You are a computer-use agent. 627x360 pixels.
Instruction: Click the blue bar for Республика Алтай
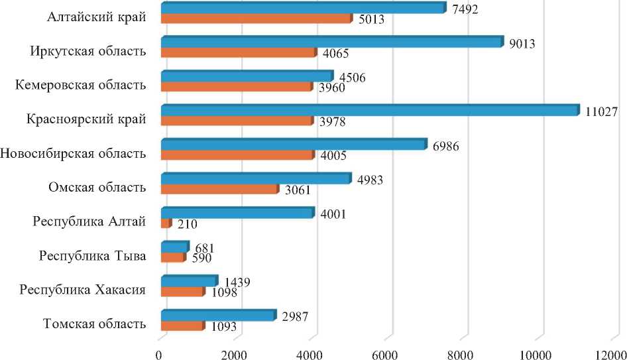click(x=237, y=213)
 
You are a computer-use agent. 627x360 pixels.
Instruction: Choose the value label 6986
click(x=445, y=145)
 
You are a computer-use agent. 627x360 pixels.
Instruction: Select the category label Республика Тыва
click(x=93, y=256)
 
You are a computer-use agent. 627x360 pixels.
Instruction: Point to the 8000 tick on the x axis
click(x=467, y=354)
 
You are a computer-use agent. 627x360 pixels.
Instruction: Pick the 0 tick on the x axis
click(x=160, y=354)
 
